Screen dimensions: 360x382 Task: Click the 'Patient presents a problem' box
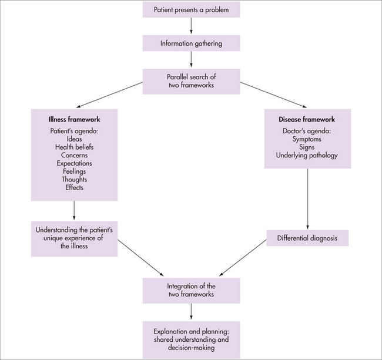pos(191,10)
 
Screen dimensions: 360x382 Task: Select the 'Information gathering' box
pos(191,43)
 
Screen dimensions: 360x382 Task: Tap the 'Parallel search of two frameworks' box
pos(191,80)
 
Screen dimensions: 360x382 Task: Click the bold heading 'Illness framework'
pos(75,119)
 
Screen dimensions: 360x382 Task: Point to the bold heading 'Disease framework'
pos(307,119)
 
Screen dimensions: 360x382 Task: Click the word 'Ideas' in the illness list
pos(75,138)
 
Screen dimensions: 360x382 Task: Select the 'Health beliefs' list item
pos(75,146)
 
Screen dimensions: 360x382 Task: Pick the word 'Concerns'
pos(75,154)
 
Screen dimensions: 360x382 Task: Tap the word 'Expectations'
pos(75,163)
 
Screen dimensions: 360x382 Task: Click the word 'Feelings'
pos(75,171)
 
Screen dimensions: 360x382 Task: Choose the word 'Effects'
pos(75,188)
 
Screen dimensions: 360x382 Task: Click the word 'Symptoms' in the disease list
pos(307,138)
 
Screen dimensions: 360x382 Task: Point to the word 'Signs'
pos(307,146)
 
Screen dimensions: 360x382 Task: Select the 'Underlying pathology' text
pos(307,155)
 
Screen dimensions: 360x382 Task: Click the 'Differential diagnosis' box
pos(307,238)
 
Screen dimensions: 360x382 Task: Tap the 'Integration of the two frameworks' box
pos(191,290)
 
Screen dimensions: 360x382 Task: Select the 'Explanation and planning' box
pos(191,339)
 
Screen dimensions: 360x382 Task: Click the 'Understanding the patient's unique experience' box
pos(75,238)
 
